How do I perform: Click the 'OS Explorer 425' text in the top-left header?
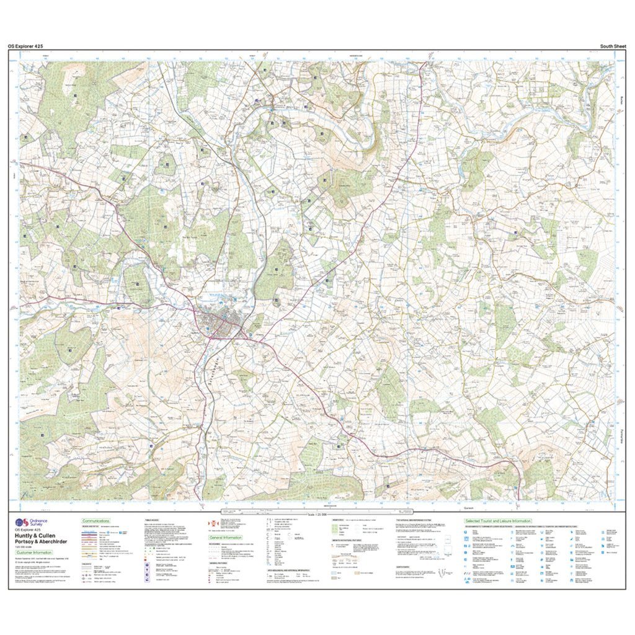click(25, 46)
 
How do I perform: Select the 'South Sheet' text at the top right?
click(613, 46)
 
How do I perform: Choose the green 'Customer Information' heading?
click(35, 553)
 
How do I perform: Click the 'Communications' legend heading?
click(95, 521)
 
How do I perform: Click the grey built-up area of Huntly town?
click(220, 325)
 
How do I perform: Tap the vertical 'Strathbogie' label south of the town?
click(219, 366)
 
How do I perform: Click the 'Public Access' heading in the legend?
click(151, 521)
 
